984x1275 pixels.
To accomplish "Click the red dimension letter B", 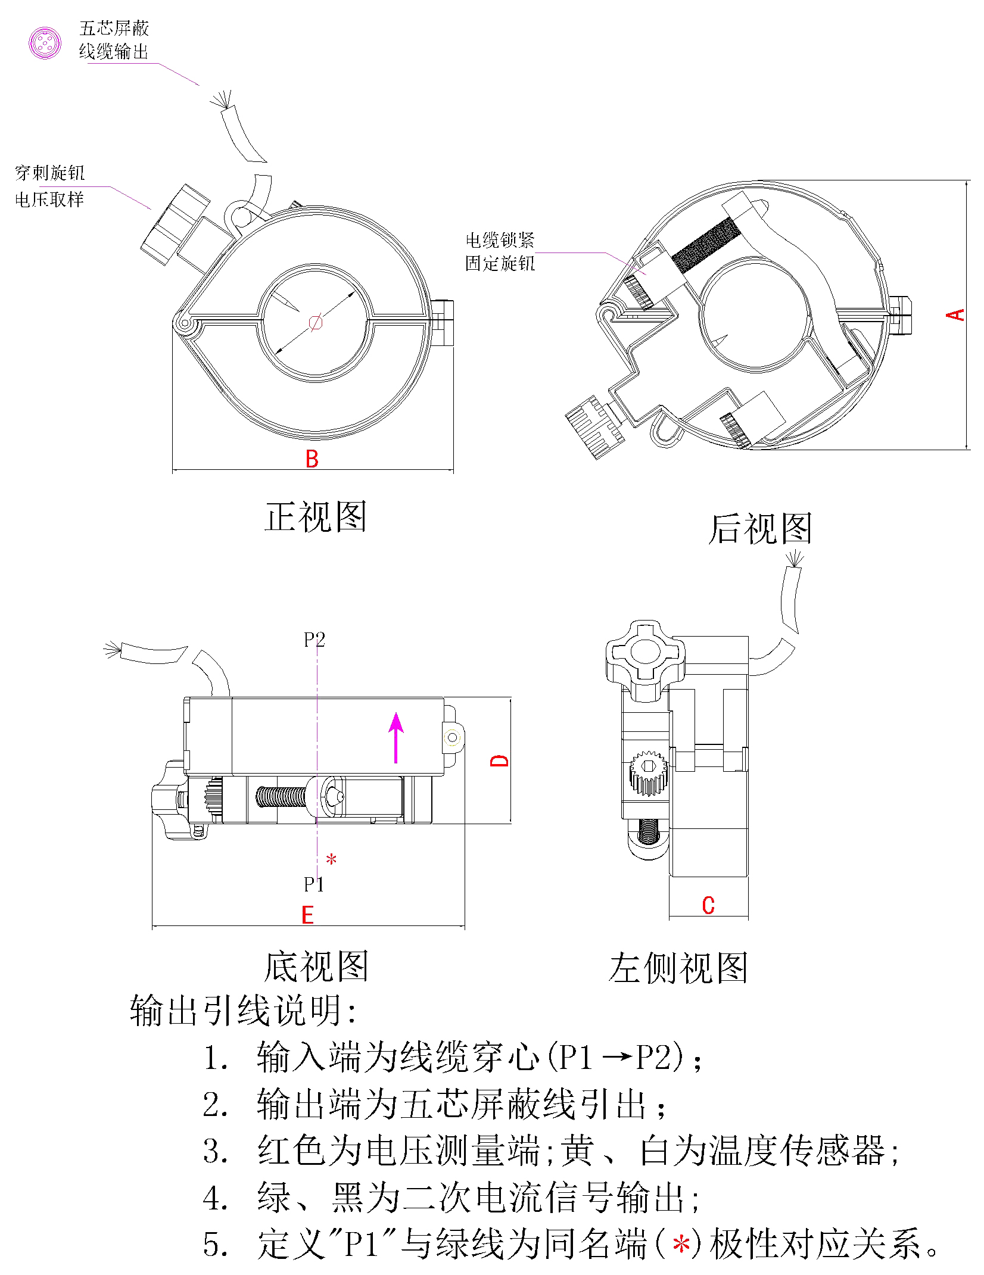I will click(x=312, y=459).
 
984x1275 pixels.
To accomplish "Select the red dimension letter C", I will click(x=708, y=905).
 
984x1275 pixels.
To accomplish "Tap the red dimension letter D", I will click(x=499, y=761).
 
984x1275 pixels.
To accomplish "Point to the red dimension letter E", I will click(x=307, y=915).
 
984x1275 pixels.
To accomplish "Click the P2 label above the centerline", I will click(x=314, y=640).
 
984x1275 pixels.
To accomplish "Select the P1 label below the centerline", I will click(x=314, y=884).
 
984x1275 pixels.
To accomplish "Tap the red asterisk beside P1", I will click(x=332, y=860).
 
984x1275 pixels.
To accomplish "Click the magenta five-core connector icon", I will click(x=45, y=43).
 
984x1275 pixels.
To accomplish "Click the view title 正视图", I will click(x=316, y=517).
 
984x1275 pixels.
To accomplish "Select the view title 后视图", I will click(x=760, y=529).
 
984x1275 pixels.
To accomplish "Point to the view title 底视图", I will click(x=316, y=966).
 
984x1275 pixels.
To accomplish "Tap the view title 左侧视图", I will click(x=678, y=968).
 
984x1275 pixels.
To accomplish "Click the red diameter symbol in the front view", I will click(x=316, y=323).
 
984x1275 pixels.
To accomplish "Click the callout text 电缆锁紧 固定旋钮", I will click(x=500, y=252).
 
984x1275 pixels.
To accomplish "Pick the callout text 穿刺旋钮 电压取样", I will click(x=50, y=186).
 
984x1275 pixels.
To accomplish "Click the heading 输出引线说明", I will click(x=243, y=1011).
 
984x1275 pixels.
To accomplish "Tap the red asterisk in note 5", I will click(x=681, y=1245).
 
